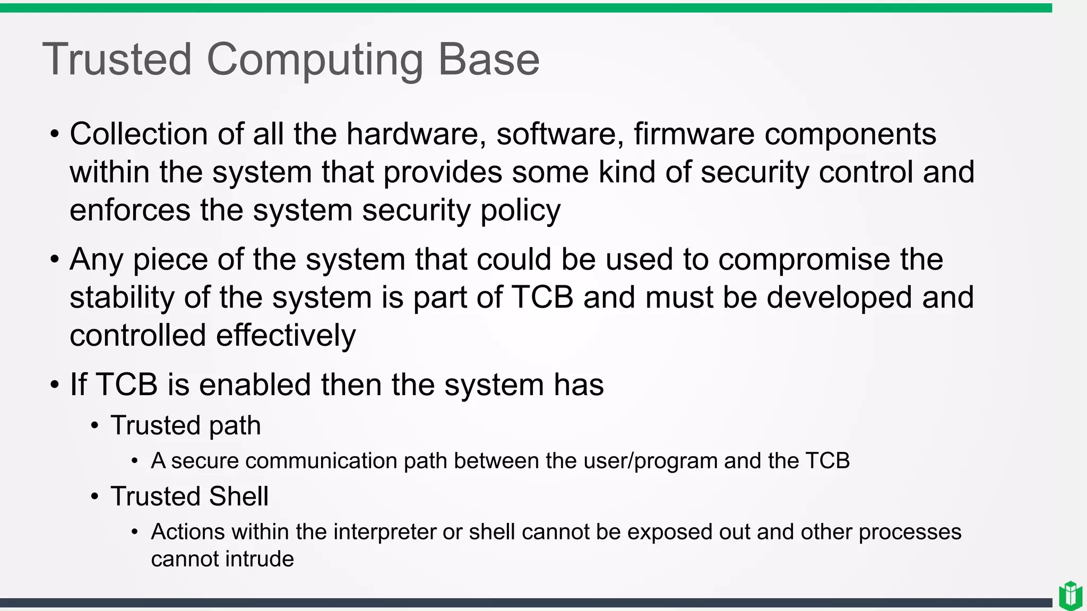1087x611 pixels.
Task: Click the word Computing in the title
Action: pyautogui.click(x=314, y=60)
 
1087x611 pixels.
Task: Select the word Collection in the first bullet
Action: pyautogui.click(x=139, y=134)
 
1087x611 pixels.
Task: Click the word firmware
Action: pyautogui.click(x=694, y=134)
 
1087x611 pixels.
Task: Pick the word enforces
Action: pyautogui.click(x=130, y=210)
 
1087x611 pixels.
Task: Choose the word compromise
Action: pyautogui.click(x=804, y=260)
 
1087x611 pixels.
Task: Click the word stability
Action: pyautogui.click(x=122, y=298)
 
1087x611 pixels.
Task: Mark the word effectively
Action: pyautogui.click(x=286, y=335)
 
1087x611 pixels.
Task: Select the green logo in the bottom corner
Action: pyautogui.click(x=1071, y=596)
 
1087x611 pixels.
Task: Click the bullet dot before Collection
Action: pyautogui.click(x=55, y=134)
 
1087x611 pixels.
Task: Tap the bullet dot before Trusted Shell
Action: pyautogui.click(x=94, y=497)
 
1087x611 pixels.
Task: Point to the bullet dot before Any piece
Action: pyautogui.click(x=55, y=260)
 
